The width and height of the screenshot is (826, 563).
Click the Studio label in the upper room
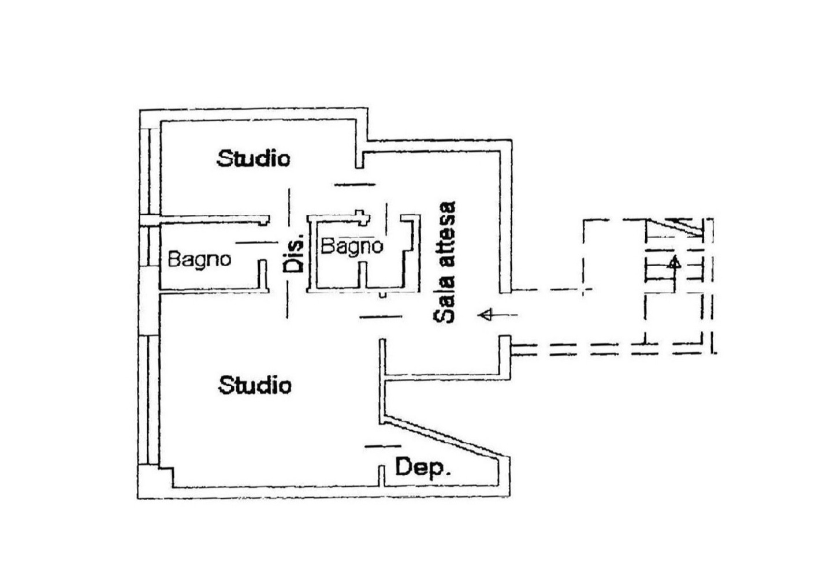click(x=254, y=158)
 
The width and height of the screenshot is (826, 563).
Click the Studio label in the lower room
click(x=255, y=385)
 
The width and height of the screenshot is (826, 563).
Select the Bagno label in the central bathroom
click(x=352, y=246)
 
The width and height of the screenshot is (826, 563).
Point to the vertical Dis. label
click(x=294, y=253)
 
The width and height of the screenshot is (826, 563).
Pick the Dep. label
click(x=423, y=467)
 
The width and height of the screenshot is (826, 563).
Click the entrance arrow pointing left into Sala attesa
click(x=498, y=315)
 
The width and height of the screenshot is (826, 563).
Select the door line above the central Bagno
click(x=355, y=184)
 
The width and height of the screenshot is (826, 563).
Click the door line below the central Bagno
click(x=381, y=316)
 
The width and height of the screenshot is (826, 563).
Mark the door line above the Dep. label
click(x=383, y=446)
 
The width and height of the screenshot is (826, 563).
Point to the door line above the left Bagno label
click(x=256, y=243)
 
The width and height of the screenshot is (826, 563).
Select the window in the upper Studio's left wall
click(x=150, y=171)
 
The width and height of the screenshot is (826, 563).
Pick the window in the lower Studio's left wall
click(x=149, y=400)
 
